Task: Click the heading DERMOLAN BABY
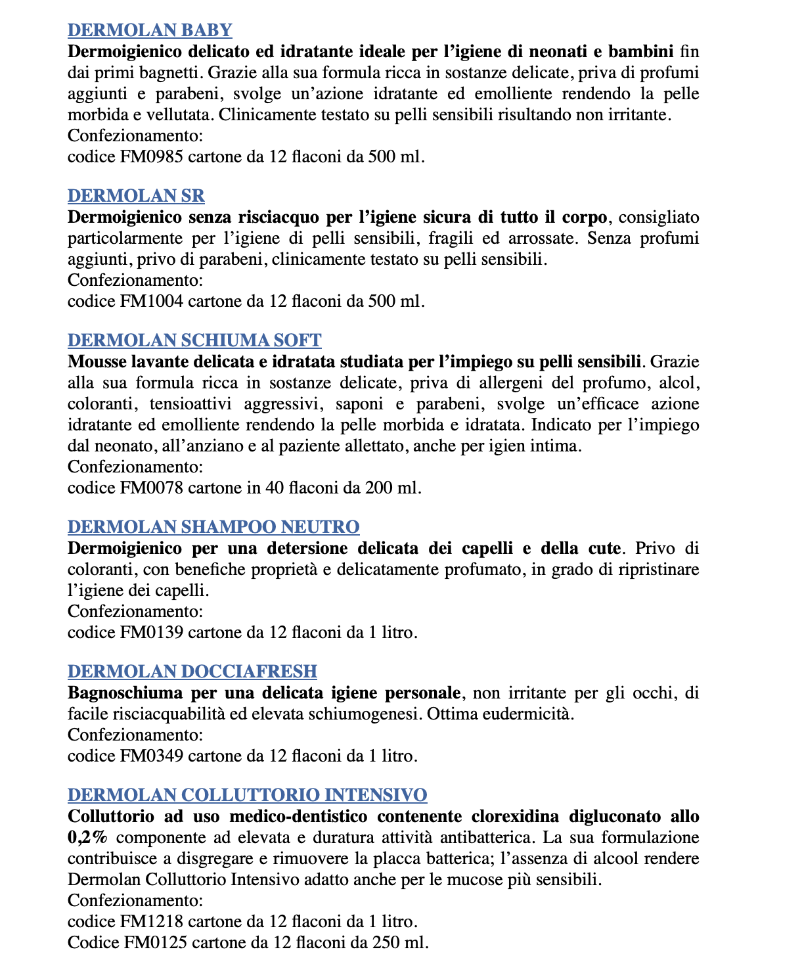(150, 30)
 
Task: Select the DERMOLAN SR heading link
(136, 196)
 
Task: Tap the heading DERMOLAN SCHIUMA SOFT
(194, 340)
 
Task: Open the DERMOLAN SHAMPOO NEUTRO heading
(213, 527)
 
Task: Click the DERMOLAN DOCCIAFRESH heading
(192, 672)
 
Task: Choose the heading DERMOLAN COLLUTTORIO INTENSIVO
(247, 795)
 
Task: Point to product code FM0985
(151, 157)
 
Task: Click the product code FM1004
(151, 302)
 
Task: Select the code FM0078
(151, 488)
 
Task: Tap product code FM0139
(151, 633)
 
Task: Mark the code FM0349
(151, 756)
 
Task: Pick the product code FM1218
(151, 922)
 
